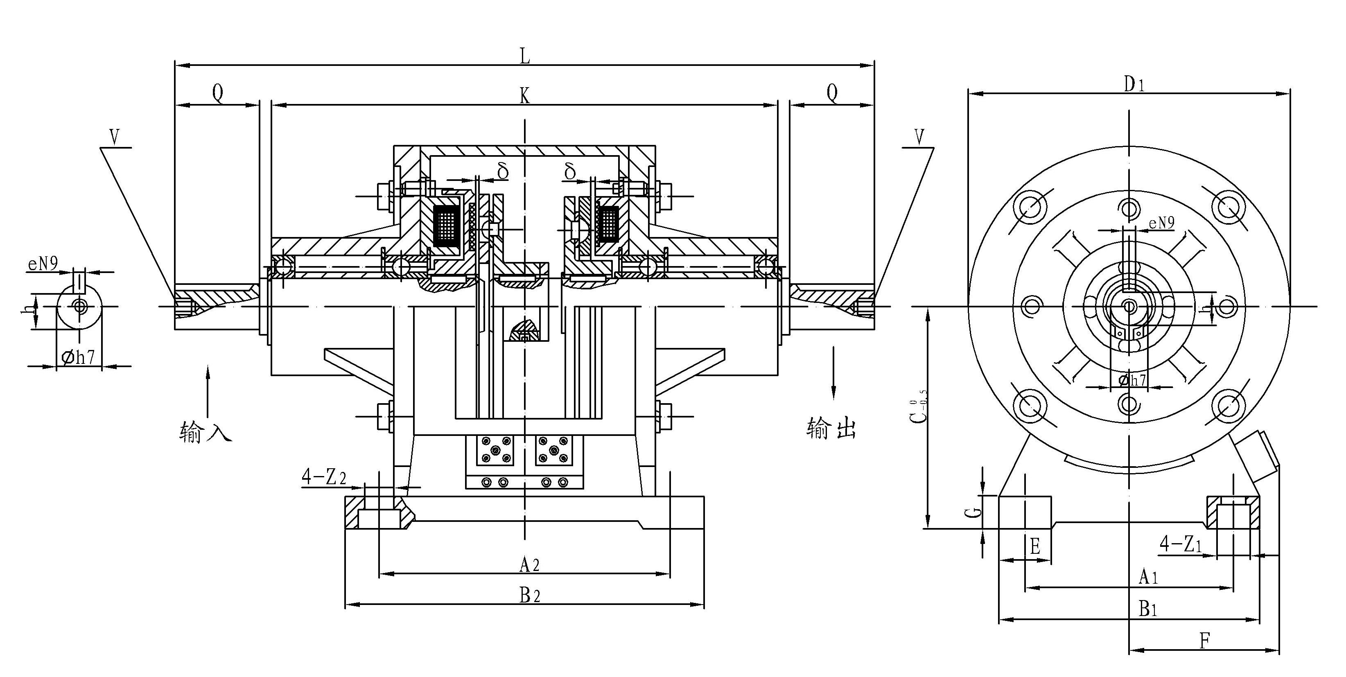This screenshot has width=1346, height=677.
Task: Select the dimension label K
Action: click(x=525, y=96)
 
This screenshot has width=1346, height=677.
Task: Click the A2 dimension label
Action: click(x=529, y=564)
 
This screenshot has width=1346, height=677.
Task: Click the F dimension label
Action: click(x=1204, y=641)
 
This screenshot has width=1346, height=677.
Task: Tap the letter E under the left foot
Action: click(x=1034, y=546)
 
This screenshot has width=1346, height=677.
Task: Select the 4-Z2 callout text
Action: click(x=323, y=477)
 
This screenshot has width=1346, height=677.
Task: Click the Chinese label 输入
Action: click(x=205, y=431)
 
